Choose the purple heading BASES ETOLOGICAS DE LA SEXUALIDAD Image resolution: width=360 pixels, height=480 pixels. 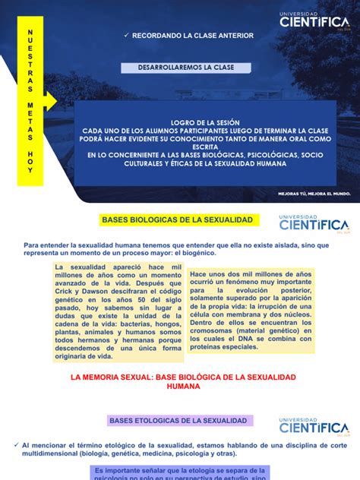178,420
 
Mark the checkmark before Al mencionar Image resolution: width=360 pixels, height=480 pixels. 17,444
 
